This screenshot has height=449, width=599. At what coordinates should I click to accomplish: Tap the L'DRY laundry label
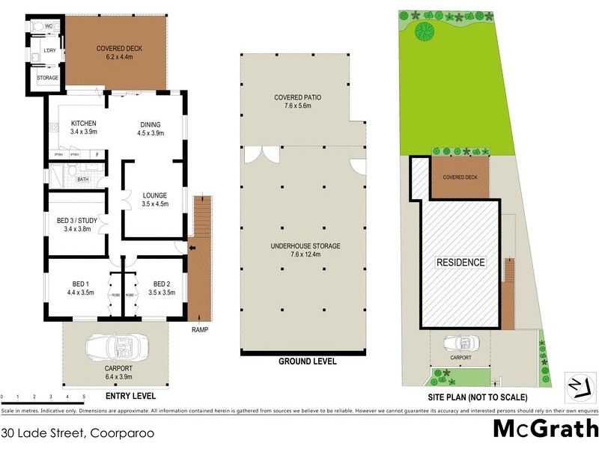point(50,50)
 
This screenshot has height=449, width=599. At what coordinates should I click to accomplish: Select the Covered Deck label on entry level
point(119,52)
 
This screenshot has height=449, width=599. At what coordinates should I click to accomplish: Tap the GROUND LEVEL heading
point(307,361)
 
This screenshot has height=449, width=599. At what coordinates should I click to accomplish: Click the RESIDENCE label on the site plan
point(460,263)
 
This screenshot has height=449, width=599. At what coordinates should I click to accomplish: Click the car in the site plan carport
point(460,343)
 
